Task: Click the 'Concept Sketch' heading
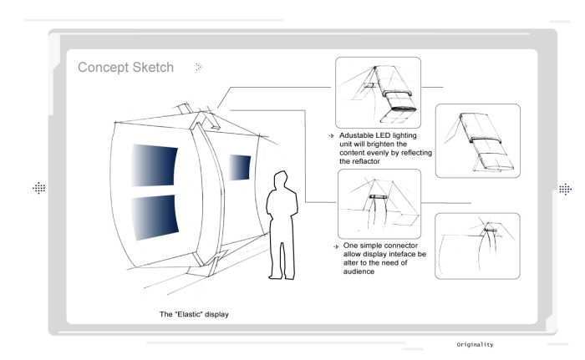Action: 125,68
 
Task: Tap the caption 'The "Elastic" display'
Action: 194,314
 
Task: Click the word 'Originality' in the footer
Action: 475,344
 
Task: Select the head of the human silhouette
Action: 281,180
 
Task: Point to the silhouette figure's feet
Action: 282,276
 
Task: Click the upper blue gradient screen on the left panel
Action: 154,165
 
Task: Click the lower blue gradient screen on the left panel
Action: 155,217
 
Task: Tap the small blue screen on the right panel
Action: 240,168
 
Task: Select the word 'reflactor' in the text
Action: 366,161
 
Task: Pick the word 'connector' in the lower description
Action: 401,246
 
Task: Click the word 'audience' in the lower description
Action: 359,271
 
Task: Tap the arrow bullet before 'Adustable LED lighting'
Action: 331,136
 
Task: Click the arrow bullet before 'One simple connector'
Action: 336,246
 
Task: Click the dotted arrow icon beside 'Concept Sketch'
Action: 199,67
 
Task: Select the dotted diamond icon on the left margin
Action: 38,188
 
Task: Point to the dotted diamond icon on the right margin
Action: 565,189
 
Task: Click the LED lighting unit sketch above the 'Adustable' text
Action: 378,93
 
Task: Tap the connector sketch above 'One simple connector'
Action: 379,204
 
